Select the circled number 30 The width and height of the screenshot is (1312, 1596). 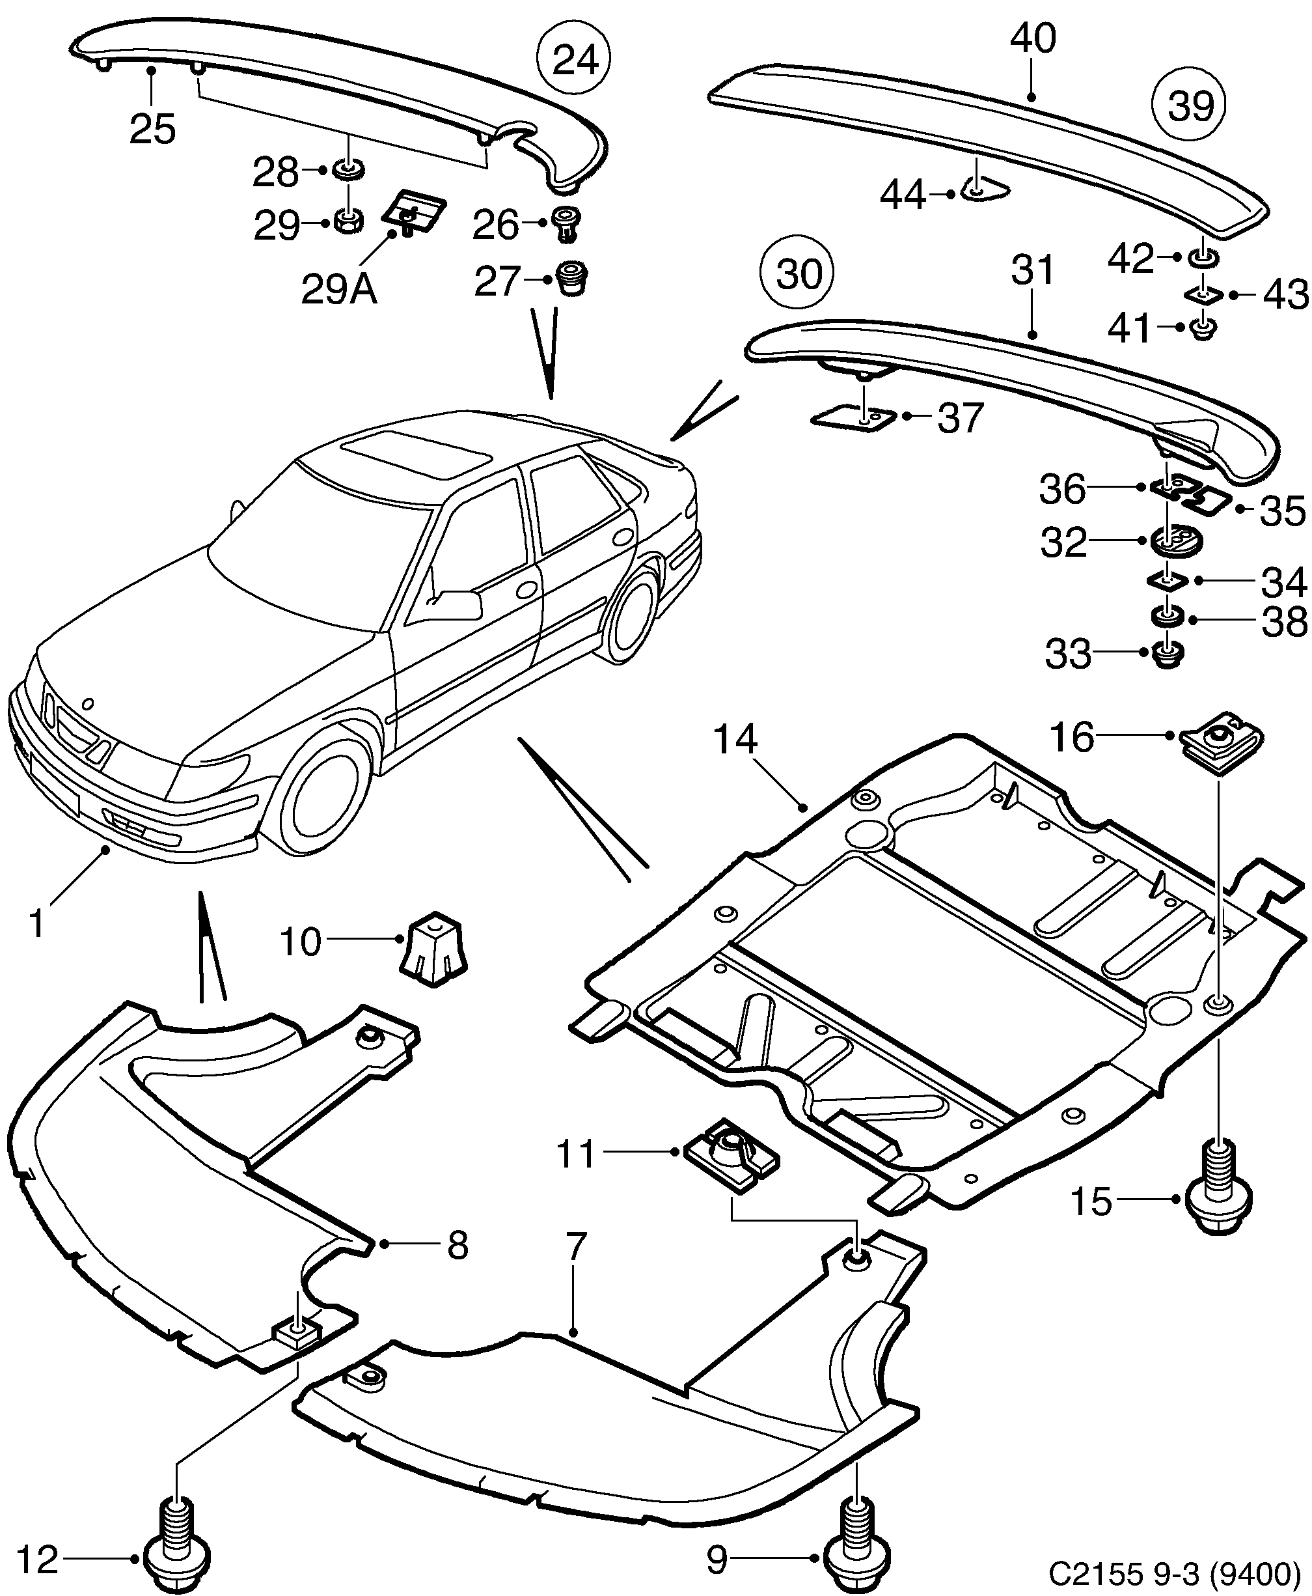[798, 273]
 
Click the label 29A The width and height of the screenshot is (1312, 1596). [338, 290]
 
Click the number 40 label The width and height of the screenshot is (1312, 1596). [1032, 38]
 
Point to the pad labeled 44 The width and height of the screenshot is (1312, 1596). [985, 192]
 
